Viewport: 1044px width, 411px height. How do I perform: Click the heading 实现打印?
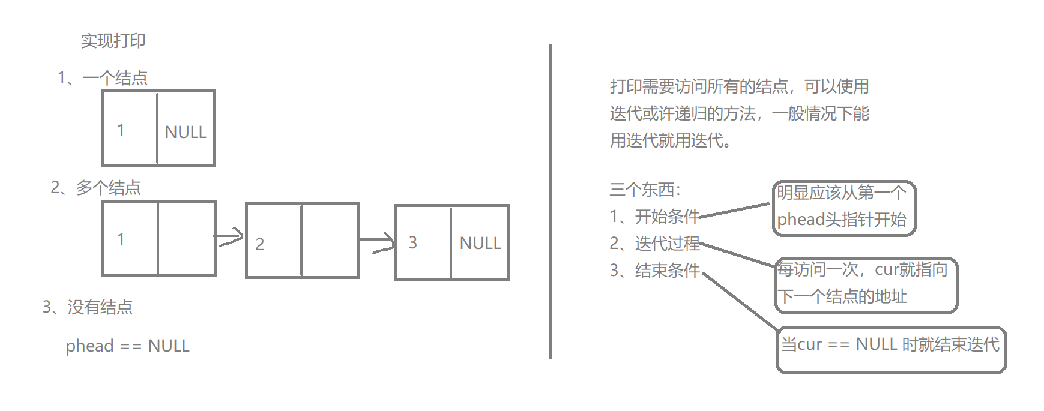pyautogui.click(x=113, y=41)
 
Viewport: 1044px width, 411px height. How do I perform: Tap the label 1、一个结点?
pyautogui.click(x=103, y=78)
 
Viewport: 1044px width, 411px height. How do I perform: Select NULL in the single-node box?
pyautogui.click(x=186, y=132)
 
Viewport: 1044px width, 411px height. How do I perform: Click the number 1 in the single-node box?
pyautogui.click(x=121, y=130)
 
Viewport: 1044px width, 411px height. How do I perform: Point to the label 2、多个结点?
pyautogui.click(x=96, y=188)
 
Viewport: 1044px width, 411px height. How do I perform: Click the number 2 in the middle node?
pyautogui.click(x=260, y=244)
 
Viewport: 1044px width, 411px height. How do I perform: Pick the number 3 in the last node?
pyautogui.click(x=412, y=242)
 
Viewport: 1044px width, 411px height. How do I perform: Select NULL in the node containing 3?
pyautogui.click(x=480, y=243)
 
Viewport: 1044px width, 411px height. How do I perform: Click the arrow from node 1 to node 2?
pyautogui.click(x=229, y=238)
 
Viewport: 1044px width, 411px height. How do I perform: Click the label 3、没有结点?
pyautogui.click(x=88, y=307)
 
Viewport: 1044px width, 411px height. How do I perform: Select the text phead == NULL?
pyautogui.click(x=128, y=346)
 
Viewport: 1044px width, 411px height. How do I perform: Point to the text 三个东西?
pyautogui.click(x=645, y=190)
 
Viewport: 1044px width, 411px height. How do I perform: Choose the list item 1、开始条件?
pyautogui.click(x=654, y=217)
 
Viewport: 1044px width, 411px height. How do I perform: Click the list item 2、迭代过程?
pyautogui.click(x=654, y=244)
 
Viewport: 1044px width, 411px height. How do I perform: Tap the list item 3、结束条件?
pyautogui.click(x=654, y=271)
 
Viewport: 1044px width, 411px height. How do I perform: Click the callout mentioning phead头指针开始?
pyautogui.click(x=843, y=208)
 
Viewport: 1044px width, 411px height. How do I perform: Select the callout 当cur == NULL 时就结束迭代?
pyautogui.click(x=891, y=349)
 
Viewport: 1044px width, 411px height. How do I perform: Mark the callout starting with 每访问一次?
pyautogui.click(x=866, y=285)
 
